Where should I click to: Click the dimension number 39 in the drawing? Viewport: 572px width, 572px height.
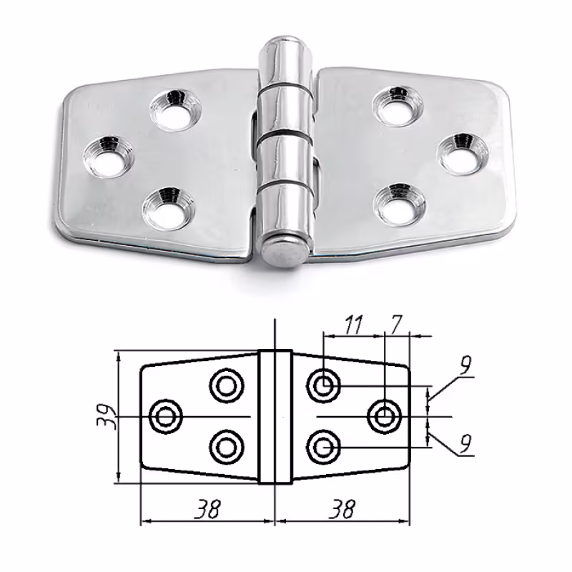[x=106, y=416]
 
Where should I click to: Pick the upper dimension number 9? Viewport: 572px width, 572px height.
[x=465, y=365]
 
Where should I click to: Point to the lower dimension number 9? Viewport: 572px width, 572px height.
[x=465, y=443]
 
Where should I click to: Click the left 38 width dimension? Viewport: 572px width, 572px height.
[x=207, y=508]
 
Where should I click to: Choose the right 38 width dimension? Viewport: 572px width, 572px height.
[x=342, y=508]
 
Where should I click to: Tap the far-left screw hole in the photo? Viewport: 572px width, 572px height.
[x=109, y=157]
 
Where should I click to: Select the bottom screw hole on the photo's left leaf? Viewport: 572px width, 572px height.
[x=169, y=209]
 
